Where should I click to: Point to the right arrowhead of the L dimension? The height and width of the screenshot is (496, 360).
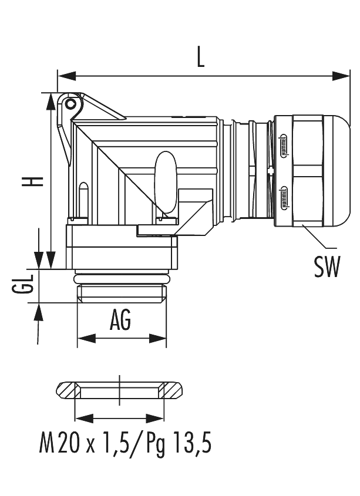[x=342, y=76]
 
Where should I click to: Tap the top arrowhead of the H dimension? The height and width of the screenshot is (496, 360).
[x=50, y=102]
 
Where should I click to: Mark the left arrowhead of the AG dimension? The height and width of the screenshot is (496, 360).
[x=85, y=339]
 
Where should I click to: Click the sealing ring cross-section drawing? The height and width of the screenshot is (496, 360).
[x=119, y=390]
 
